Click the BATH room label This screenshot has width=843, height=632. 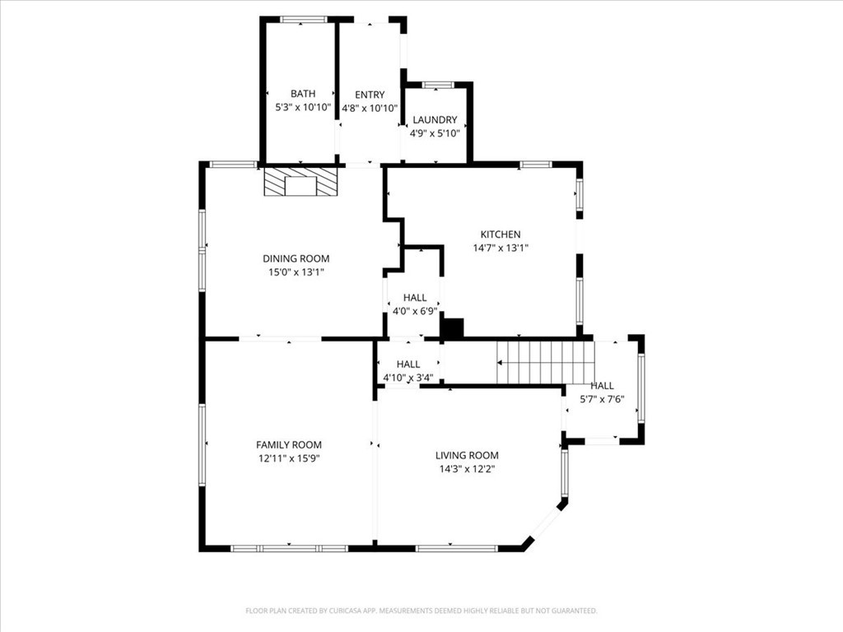coord(302,94)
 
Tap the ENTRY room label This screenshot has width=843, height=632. coord(370,95)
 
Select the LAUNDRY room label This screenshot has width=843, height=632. coord(435,120)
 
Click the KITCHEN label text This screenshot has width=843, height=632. coord(500,235)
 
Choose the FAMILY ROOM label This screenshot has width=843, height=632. coord(288,444)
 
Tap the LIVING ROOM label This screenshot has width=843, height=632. coord(467,455)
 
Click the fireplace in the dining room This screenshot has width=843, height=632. coord(300,183)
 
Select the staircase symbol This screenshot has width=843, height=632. coord(546,362)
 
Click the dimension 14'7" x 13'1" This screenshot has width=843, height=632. coord(500,248)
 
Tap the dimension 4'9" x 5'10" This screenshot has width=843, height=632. coord(435,133)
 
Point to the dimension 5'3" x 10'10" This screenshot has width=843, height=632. coord(302,107)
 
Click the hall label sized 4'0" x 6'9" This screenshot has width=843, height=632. coord(415,298)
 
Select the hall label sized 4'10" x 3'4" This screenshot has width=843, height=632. coord(408,365)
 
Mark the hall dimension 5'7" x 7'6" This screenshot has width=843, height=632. coord(602,399)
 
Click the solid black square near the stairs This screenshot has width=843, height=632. coord(453,328)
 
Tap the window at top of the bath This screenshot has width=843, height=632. coord(304,19)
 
